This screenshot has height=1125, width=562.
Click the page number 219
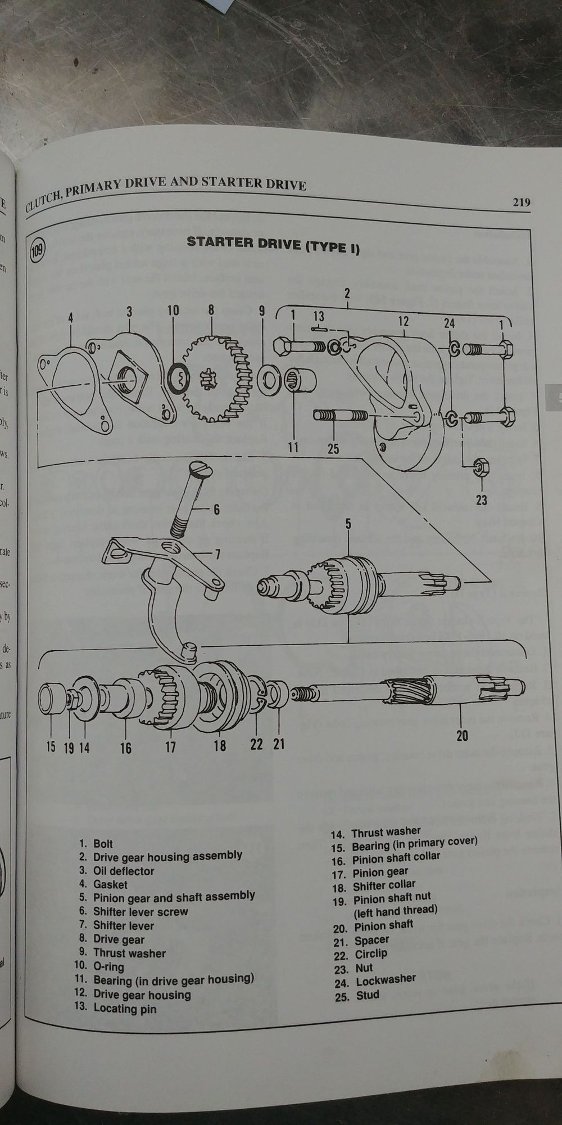click(521, 202)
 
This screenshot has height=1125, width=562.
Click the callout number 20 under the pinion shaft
click(462, 735)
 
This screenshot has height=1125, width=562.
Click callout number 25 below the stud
click(333, 449)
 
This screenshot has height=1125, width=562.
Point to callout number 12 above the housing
click(403, 321)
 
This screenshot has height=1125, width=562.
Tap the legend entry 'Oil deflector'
click(123, 871)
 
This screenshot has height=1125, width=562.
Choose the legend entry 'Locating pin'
click(124, 1009)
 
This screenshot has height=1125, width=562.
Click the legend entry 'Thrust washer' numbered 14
click(386, 832)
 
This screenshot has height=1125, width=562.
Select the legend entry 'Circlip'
click(370, 954)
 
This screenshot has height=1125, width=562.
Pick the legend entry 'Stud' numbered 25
click(367, 994)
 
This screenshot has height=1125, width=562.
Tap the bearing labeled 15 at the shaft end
click(52, 697)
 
